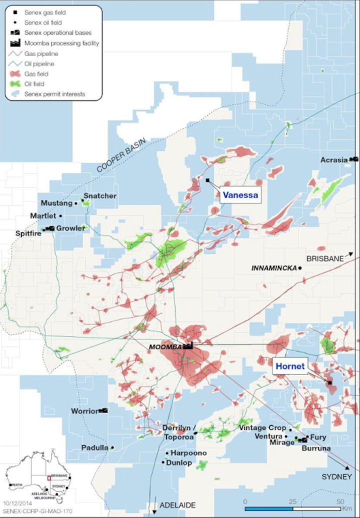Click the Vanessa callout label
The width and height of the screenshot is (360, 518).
240,195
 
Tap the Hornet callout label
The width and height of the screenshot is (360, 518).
291,366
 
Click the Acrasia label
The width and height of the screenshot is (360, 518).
334,160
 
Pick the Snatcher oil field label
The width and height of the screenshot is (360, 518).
100,196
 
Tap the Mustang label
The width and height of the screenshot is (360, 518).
56,203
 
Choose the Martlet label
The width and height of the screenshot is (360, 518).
43,216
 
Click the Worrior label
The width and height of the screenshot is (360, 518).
84,411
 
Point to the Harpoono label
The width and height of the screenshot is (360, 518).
189,453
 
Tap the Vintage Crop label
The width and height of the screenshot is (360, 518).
262,428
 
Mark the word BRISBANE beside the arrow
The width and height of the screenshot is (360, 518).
325,258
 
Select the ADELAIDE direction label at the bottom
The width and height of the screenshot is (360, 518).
177,505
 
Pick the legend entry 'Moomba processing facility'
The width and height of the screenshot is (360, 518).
61,43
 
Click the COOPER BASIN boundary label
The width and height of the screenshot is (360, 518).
121,156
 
